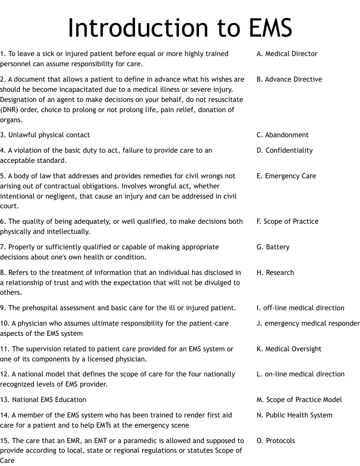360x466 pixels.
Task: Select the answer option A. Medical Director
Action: (287, 54)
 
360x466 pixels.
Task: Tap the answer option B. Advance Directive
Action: (289, 79)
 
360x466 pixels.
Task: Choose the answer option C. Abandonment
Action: (282, 135)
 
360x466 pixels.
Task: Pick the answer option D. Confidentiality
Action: (285, 150)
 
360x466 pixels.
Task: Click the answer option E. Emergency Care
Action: (286, 176)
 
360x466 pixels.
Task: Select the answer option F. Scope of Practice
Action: (287, 222)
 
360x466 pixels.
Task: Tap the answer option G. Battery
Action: (273, 247)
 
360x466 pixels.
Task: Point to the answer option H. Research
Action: (275, 273)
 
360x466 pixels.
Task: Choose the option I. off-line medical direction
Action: (300, 308)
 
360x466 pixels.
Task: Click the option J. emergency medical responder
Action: (308, 323)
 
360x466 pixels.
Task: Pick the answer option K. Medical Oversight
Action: (289, 349)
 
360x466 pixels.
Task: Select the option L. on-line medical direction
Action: (300, 374)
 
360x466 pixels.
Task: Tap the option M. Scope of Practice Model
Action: (299, 400)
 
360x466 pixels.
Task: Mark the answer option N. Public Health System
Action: (294, 415)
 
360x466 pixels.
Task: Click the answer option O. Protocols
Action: (276, 441)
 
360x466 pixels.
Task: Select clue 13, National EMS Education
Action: (43, 400)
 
